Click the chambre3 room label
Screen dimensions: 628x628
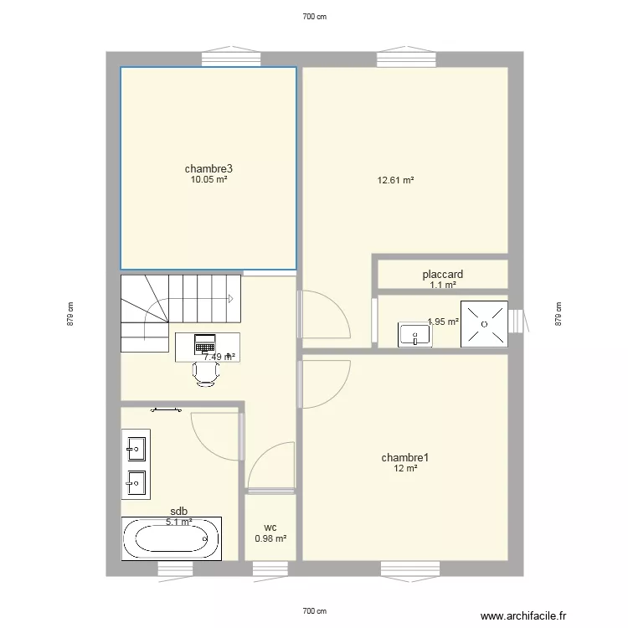208,168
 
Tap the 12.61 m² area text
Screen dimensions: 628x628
396,179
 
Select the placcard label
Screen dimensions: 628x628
443,274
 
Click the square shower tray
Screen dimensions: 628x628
484,324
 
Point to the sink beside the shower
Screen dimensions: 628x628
415,335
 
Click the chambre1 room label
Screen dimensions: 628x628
405,457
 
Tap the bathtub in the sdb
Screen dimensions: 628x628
172,538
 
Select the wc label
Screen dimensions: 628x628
270,528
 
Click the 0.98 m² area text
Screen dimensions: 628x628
270,538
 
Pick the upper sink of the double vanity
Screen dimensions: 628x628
136,449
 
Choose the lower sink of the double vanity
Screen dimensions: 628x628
136,482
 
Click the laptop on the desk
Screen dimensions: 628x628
205,343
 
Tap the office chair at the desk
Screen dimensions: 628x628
206,373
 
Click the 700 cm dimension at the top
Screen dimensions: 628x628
314,16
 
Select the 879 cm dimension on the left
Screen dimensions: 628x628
72,314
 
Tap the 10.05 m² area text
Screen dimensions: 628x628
208,179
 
